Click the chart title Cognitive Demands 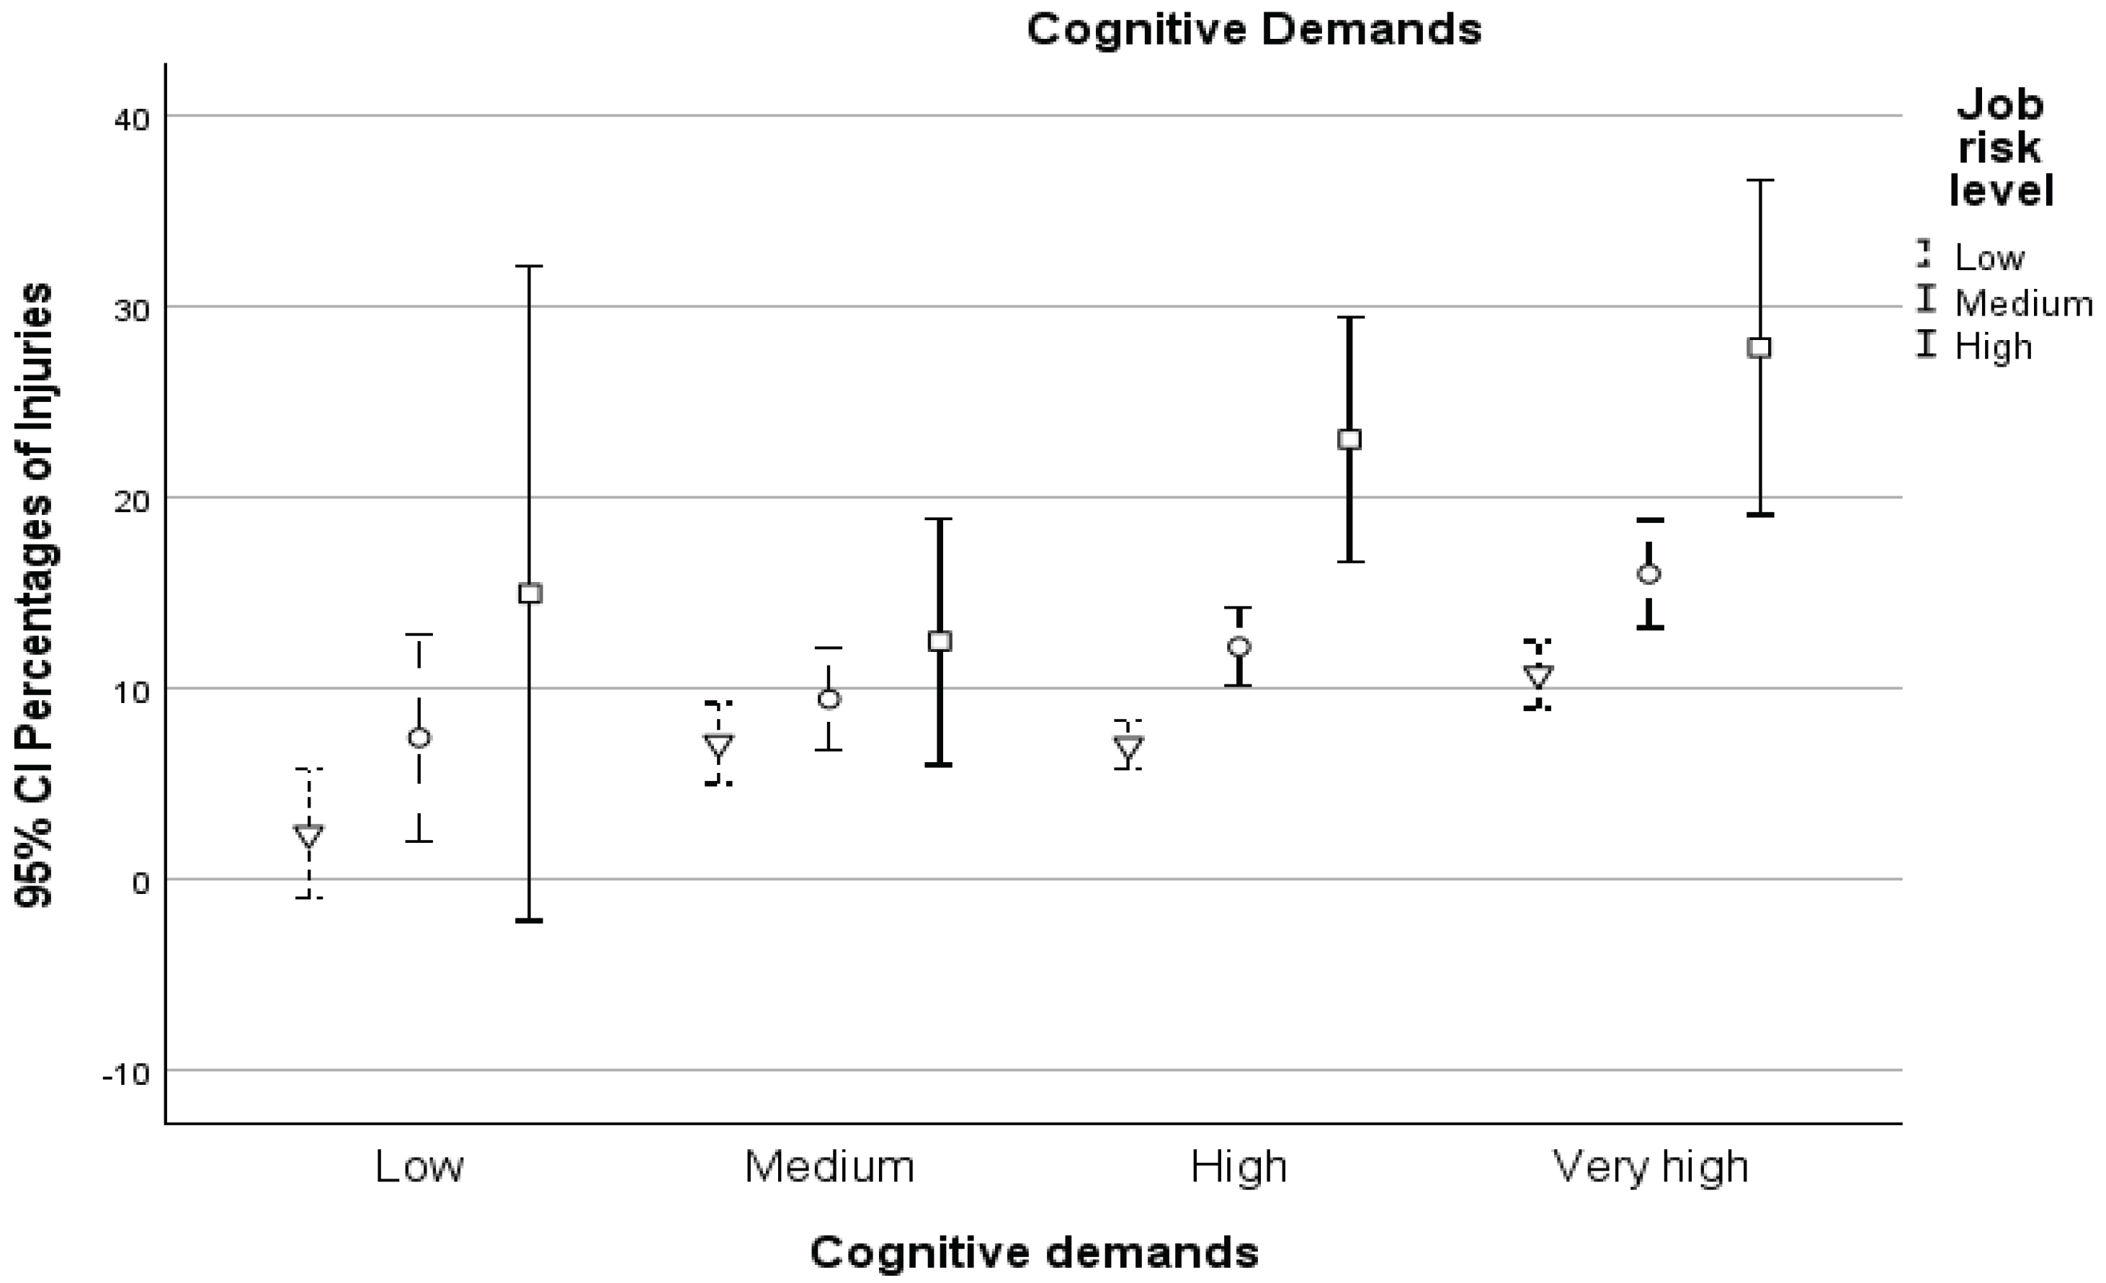[1254, 30]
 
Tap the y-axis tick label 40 [131, 118]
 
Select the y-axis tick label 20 [131, 500]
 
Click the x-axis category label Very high [1651, 1168]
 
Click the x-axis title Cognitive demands [1034, 1253]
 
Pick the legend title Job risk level [2001, 148]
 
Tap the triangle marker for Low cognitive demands [308, 835]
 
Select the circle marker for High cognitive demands [1239, 646]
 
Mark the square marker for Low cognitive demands [531, 593]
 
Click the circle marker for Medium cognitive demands [829, 699]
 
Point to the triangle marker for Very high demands [1539, 676]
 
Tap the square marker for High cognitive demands [1349, 439]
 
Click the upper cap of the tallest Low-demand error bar [529, 266]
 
